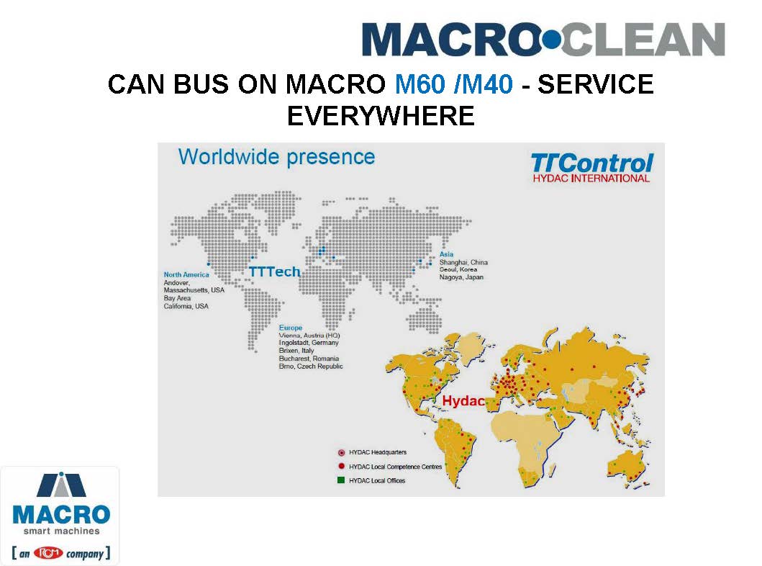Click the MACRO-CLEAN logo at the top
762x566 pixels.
[543, 40]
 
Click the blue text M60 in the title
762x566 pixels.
[419, 84]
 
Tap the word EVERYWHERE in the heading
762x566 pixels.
[381, 116]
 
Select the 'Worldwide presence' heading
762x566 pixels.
[276, 157]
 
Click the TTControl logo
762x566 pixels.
[591, 168]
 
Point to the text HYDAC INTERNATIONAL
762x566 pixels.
[591, 179]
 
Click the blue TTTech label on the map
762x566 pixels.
[275, 271]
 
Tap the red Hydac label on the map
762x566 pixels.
[463, 400]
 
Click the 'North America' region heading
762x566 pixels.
[186, 275]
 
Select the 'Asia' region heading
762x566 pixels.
[446, 253]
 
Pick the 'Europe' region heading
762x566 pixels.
[291, 328]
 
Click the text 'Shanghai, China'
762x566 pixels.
[463, 262]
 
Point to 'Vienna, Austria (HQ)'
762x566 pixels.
[309, 336]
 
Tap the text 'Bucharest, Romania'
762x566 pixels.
[309, 359]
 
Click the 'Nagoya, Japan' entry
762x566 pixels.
[462, 277]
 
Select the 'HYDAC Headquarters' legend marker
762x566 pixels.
[342, 453]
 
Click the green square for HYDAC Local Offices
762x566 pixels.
[341, 480]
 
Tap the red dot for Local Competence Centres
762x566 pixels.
[342, 467]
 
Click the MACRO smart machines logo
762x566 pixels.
[60, 516]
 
